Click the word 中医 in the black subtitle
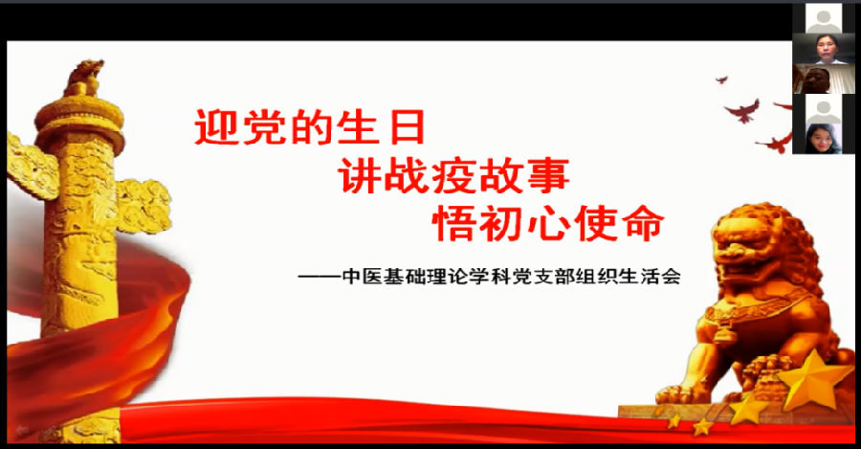click(362, 276)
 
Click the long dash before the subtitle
click(320, 277)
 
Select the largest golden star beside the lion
click(815, 380)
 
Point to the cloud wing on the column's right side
click(143, 205)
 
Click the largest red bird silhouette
click(743, 111)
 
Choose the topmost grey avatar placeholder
click(823, 18)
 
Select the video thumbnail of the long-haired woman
click(823, 139)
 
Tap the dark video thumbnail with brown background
click(823, 79)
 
